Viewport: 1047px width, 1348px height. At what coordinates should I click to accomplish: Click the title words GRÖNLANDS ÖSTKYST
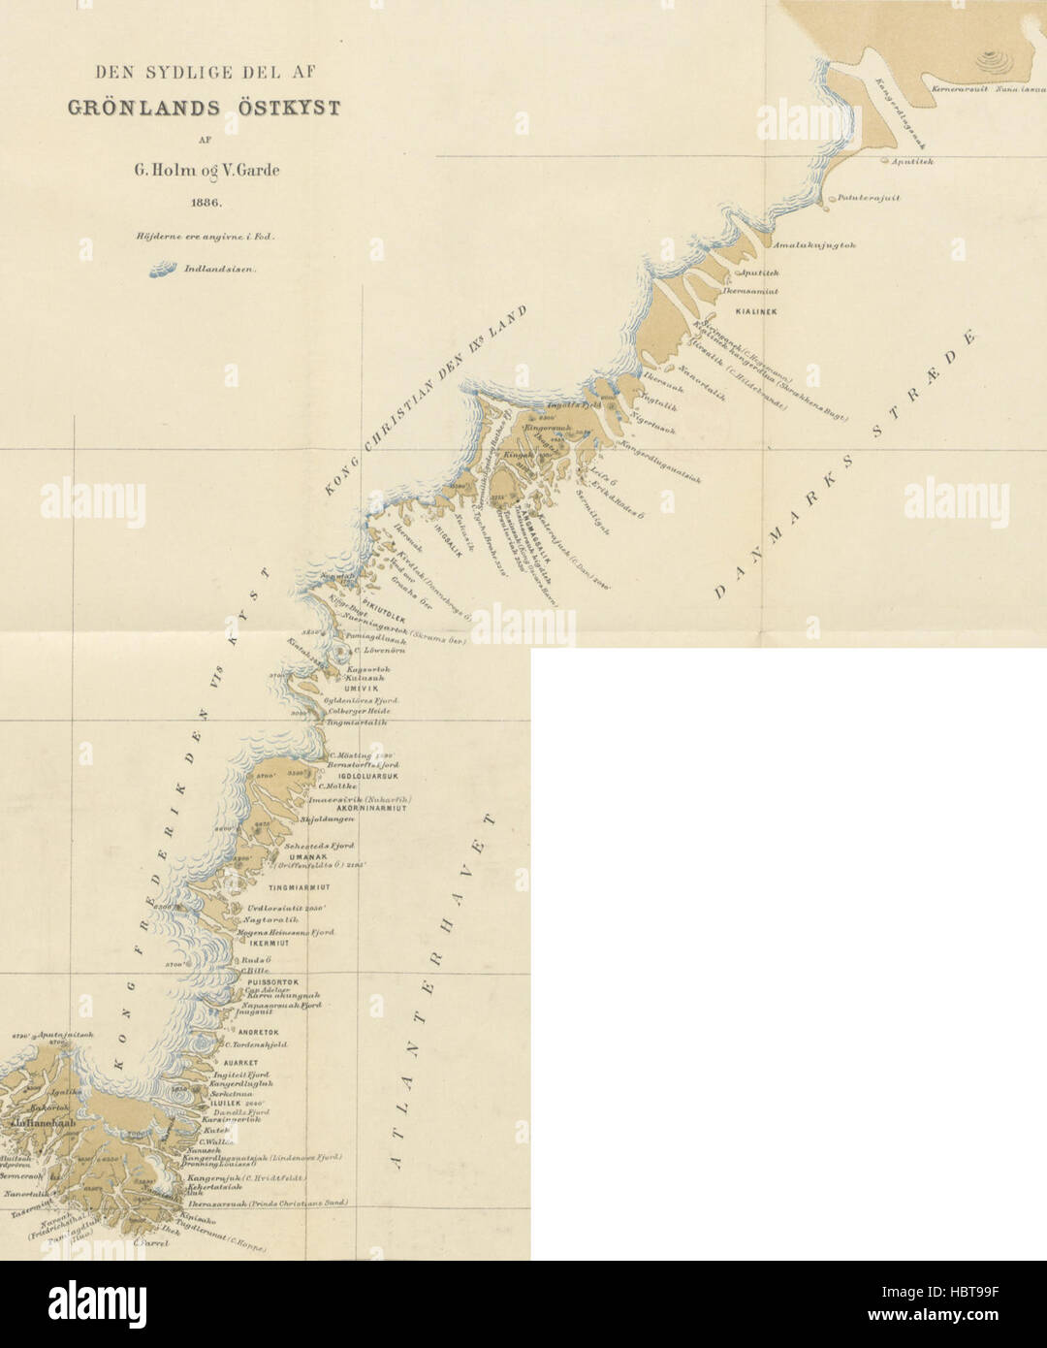pyautogui.click(x=204, y=108)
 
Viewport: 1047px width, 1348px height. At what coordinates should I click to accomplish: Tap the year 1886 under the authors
pyautogui.click(x=206, y=204)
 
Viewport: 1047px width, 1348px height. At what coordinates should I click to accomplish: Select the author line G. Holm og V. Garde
pyautogui.click(x=206, y=170)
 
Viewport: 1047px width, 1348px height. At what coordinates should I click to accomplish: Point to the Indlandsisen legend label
pyautogui.click(x=220, y=271)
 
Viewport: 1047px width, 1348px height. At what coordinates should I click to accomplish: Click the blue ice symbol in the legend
pyautogui.click(x=162, y=271)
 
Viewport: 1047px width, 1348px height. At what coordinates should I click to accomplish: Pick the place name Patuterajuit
pyautogui.click(x=869, y=197)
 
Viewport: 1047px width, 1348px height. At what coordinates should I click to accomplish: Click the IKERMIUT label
pyautogui.click(x=270, y=943)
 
